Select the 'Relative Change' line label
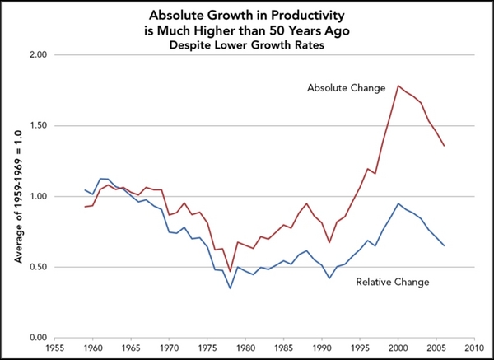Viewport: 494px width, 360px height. (392, 282)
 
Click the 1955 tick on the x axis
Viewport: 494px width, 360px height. (56, 348)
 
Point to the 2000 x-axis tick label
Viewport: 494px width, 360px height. (398, 348)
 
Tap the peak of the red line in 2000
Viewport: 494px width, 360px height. (398, 86)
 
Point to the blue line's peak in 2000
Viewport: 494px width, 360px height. (398, 203)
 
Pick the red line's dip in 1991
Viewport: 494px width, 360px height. (329, 242)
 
